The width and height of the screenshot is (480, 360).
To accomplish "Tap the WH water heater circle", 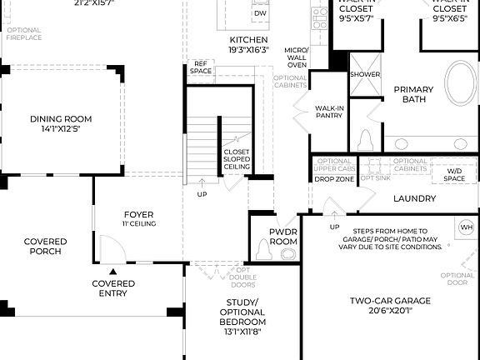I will (x=466, y=227).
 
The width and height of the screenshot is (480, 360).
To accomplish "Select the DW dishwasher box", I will (x=260, y=14).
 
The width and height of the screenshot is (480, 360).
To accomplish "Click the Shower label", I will (x=364, y=73).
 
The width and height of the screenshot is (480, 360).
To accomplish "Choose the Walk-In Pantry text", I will (x=329, y=112).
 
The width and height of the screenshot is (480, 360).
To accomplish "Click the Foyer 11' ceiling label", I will (x=138, y=217).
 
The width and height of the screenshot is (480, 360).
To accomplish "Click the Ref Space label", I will (x=201, y=67).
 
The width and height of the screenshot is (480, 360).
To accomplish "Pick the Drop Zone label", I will (x=335, y=178).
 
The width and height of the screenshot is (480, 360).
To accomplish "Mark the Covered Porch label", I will (x=46, y=246).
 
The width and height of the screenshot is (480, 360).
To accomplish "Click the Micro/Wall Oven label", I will (x=297, y=56).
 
